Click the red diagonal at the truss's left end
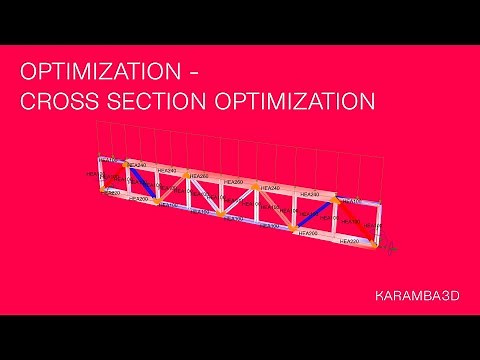click(x=114, y=178)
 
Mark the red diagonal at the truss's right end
click(x=356, y=219)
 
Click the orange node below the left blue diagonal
click(x=159, y=202)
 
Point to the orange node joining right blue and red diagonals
click(x=339, y=197)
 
